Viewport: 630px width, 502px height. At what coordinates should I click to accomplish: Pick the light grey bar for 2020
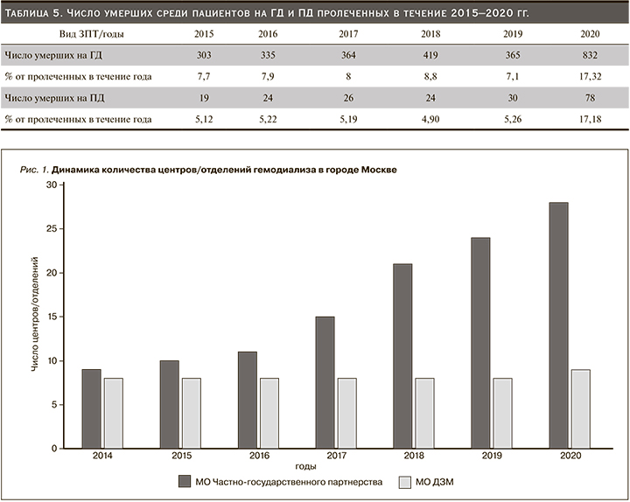tap(580, 408)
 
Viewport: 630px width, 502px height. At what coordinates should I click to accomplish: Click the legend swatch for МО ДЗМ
tap(404, 482)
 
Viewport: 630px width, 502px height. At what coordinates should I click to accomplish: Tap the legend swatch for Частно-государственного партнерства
tap(185, 482)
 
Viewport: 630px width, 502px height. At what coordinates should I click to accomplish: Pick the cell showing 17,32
tap(589, 76)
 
